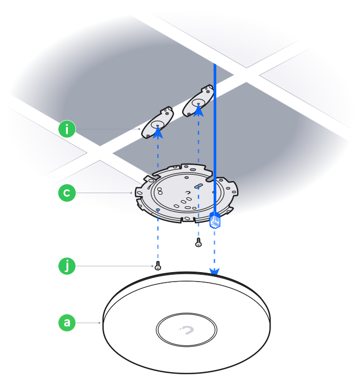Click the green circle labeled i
pyautogui.click(x=67, y=129)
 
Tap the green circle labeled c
pyautogui.click(x=67, y=193)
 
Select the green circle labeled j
pyautogui.click(x=67, y=266)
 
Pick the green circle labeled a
pyautogui.click(x=67, y=323)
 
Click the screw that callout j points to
pyautogui.click(x=158, y=266)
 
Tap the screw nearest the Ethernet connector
pyautogui.click(x=198, y=242)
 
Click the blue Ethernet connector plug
pyautogui.click(x=215, y=220)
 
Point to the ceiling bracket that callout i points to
pyautogui.click(x=157, y=123)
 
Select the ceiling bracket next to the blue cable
pyautogui.click(x=198, y=101)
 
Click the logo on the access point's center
pyautogui.click(x=186, y=330)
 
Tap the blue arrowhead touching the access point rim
pyautogui.click(x=215, y=272)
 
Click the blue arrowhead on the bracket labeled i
pyautogui.click(x=158, y=133)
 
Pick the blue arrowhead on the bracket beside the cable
pyautogui.click(x=198, y=111)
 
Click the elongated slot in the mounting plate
pyautogui.click(x=198, y=186)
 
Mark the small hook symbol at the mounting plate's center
pyautogui.click(x=188, y=193)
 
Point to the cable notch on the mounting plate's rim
pyautogui.click(x=209, y=179)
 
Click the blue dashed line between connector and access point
pyautogui.click(x=215, y=249)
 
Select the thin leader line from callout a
pyautogui.click(x=88, y=323)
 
